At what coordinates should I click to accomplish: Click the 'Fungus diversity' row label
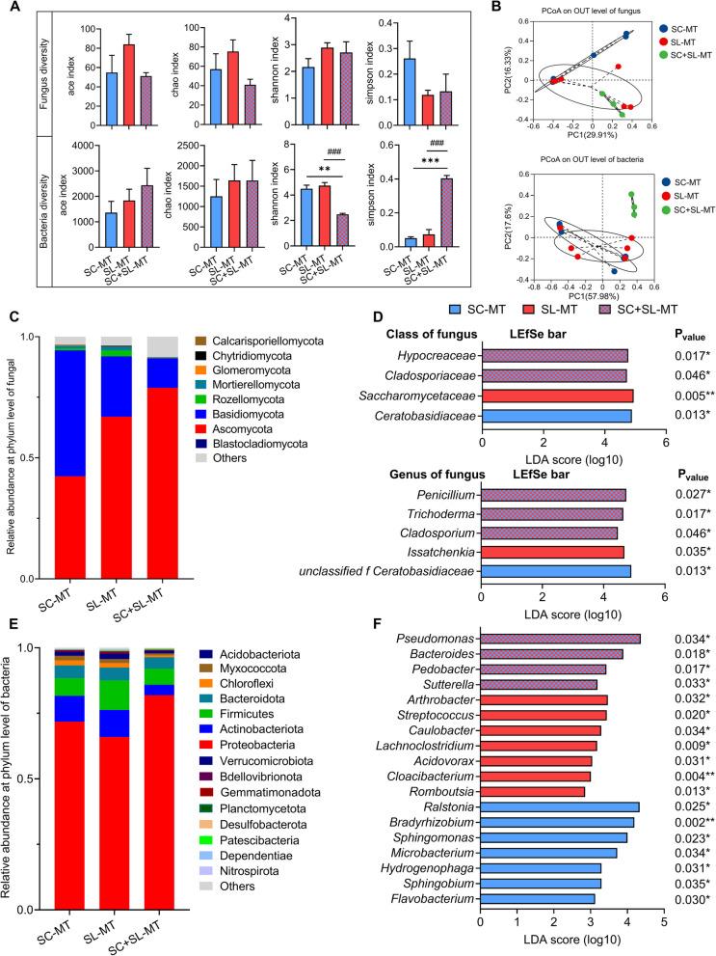click(19, 66)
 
